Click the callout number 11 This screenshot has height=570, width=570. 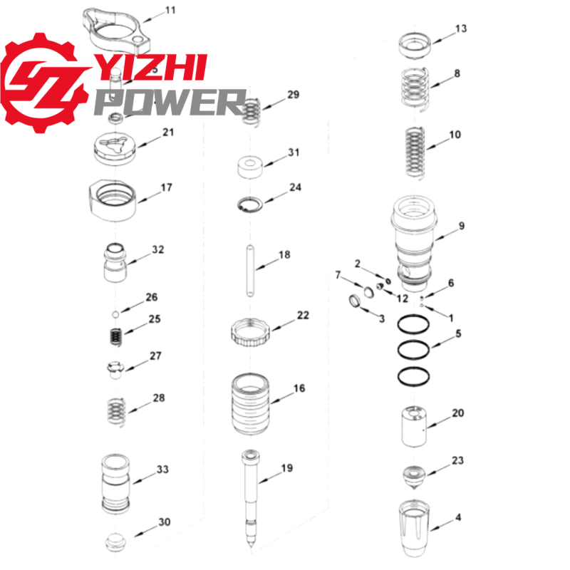coord(170,10)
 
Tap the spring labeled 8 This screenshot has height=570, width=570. coord(415,89)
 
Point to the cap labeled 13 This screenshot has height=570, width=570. coord(415,46)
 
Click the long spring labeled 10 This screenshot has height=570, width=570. coord(415,152)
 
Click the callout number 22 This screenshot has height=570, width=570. coord(303,315)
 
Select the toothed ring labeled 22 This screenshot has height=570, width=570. coord(251,332)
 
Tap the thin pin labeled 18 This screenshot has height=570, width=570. coord(250,271)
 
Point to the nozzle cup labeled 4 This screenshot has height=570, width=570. coord(415,528)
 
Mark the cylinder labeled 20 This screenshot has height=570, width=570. coord(414,426)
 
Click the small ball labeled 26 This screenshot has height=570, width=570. coord(115,313)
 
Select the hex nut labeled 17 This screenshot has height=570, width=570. coord(113,200)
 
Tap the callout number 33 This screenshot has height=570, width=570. coord(162,470)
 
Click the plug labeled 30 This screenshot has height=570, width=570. coord(116,542)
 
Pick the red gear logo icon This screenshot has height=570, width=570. coord(42,83)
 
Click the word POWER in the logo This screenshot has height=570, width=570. coord(171,103)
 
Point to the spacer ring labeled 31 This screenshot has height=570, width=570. coord(250,167)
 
